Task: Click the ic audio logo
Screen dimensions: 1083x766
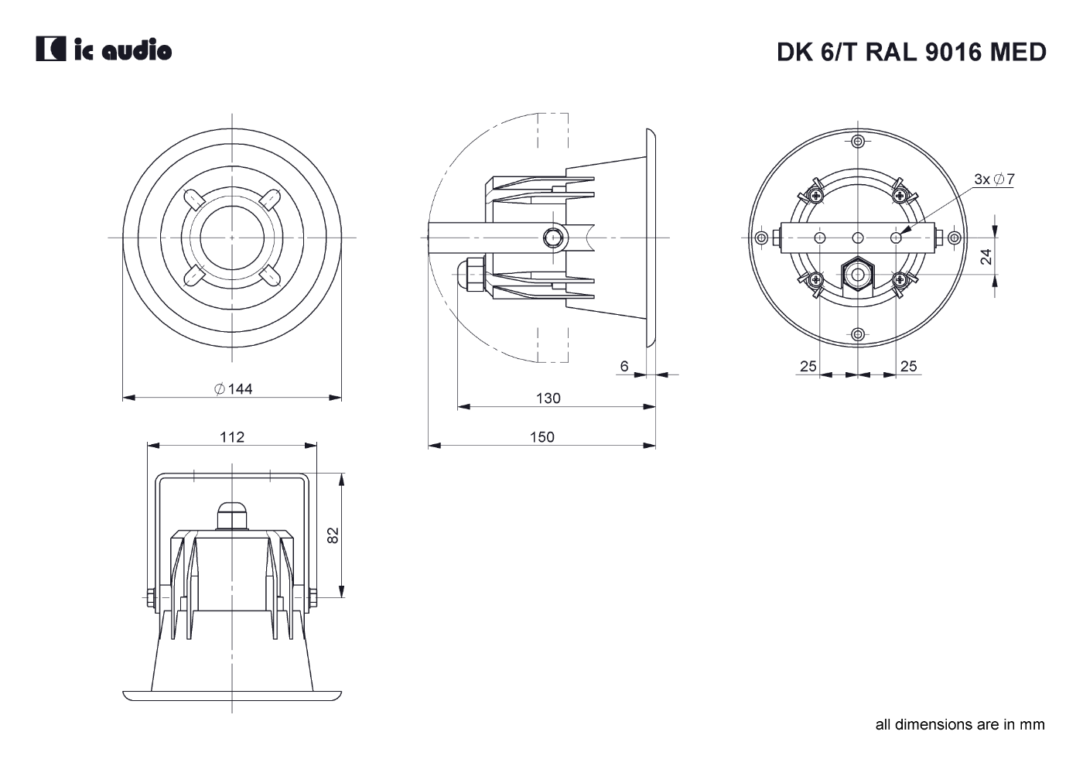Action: click(104, 49)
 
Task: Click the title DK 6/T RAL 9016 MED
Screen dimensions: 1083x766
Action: click(911, 52)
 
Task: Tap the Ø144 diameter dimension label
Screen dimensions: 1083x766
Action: click(233, 388)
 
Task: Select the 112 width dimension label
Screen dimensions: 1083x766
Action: click(232, 437)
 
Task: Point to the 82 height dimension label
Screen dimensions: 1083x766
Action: click(333, 535)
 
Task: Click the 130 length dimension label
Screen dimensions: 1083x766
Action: click(548, 398)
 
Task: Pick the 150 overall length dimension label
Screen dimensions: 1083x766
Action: click(542, 437)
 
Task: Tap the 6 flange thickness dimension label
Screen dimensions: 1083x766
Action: click(624, 366)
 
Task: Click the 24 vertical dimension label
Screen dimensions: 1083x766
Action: click(986, 257)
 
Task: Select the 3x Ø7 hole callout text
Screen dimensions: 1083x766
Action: click(995, 179)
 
